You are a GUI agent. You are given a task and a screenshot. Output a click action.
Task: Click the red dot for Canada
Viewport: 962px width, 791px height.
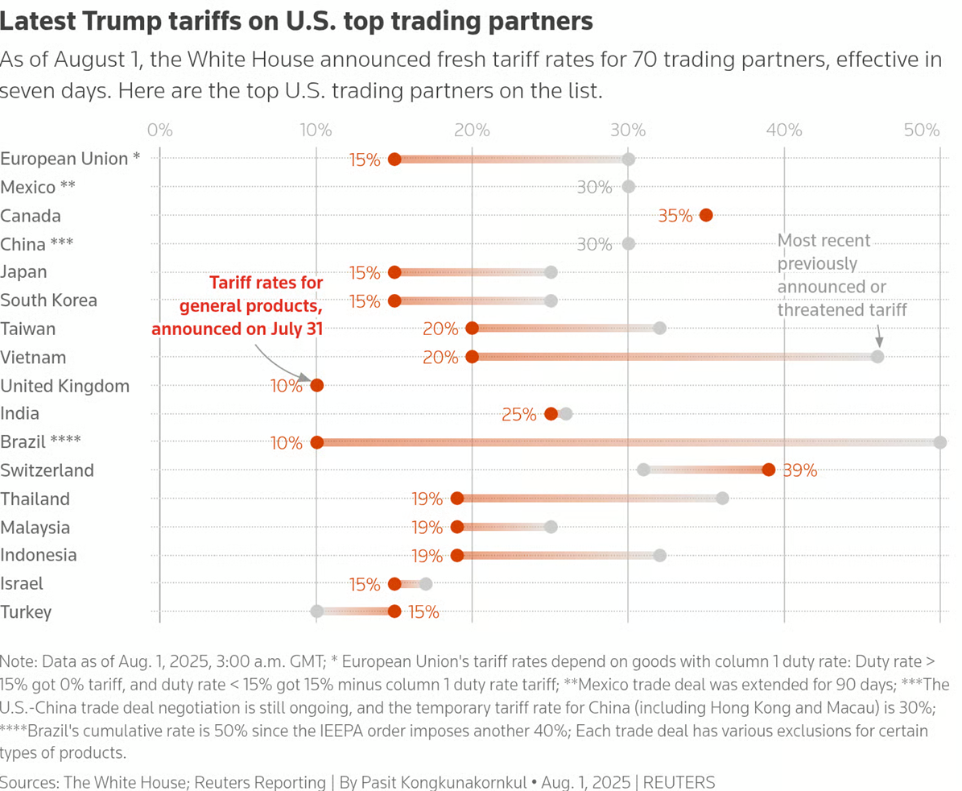(706, 215)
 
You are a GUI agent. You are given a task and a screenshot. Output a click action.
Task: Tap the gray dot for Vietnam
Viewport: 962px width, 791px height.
(877, 357)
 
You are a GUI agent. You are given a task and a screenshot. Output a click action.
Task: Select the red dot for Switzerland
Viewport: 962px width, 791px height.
(769, 470)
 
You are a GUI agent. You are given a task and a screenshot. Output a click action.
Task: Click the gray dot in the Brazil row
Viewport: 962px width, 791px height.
(939, 442)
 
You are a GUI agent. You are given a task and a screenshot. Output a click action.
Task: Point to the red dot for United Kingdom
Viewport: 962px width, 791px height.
(317, 385)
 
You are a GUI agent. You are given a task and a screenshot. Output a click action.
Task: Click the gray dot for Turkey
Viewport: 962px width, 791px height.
(317, 611)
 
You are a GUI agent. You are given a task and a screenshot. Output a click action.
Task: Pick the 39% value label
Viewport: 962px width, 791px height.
(799, 471)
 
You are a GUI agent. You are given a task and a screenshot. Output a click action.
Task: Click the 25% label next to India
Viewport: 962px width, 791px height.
(519, 415)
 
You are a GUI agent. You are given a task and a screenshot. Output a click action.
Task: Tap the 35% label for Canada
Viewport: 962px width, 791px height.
(675, 216)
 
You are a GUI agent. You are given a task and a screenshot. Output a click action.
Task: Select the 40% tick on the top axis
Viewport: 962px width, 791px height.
(784, 130)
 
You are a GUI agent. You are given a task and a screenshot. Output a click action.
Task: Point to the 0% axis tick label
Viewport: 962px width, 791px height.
(159, 130)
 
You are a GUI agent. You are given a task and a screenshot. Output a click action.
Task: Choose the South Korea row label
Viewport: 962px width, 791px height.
(49, 300)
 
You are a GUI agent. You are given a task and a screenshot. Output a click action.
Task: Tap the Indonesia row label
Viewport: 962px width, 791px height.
(39, 555)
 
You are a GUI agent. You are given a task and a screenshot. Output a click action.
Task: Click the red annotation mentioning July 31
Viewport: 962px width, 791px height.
(237, 306)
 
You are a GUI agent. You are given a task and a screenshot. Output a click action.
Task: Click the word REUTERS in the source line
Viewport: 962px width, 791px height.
(679, 781)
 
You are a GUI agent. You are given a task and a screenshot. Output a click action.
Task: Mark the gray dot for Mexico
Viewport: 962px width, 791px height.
(629, 187)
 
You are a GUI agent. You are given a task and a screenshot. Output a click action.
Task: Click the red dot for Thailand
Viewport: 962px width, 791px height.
(457, 499)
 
